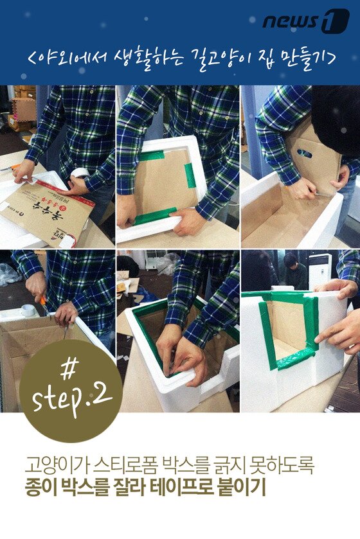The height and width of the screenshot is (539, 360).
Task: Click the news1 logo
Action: click(306, 21)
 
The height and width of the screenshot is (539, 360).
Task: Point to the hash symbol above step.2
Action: click(69, 369)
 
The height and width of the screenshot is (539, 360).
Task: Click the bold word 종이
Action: click(40, 488)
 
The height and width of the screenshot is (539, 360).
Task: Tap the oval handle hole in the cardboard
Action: click(305, 153)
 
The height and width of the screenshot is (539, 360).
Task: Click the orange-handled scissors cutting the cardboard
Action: click(44, 305)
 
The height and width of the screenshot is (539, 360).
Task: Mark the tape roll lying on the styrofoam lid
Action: click(27, 310)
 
